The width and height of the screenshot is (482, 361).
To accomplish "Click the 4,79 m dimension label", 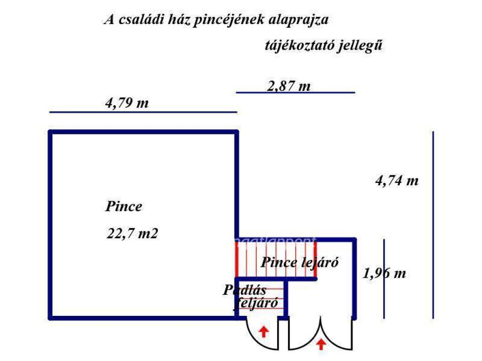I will click(x=127, y=103).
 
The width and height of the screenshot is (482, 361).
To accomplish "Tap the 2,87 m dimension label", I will click(x=289, y=86).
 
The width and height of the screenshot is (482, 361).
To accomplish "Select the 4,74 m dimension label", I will click(x=396, y=180).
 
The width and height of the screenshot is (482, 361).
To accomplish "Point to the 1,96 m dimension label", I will click(x=384, y=273).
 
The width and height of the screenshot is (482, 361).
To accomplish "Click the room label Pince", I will click(x=124, y=206).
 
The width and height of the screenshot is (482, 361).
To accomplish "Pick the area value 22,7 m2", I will click(x=132, y=233).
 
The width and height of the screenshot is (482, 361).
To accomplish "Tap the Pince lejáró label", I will click(x=300, y=262).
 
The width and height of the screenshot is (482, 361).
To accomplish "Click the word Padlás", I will click(x=244, y=290).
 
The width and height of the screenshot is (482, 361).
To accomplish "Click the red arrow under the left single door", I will click(x=264, y=332).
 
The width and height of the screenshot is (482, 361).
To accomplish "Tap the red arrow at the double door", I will click(x=321, y=344).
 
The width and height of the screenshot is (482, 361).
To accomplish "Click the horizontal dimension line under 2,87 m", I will click(x=295, y=93).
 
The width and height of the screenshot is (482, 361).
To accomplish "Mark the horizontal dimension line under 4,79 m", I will click(x=143, y=112).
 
